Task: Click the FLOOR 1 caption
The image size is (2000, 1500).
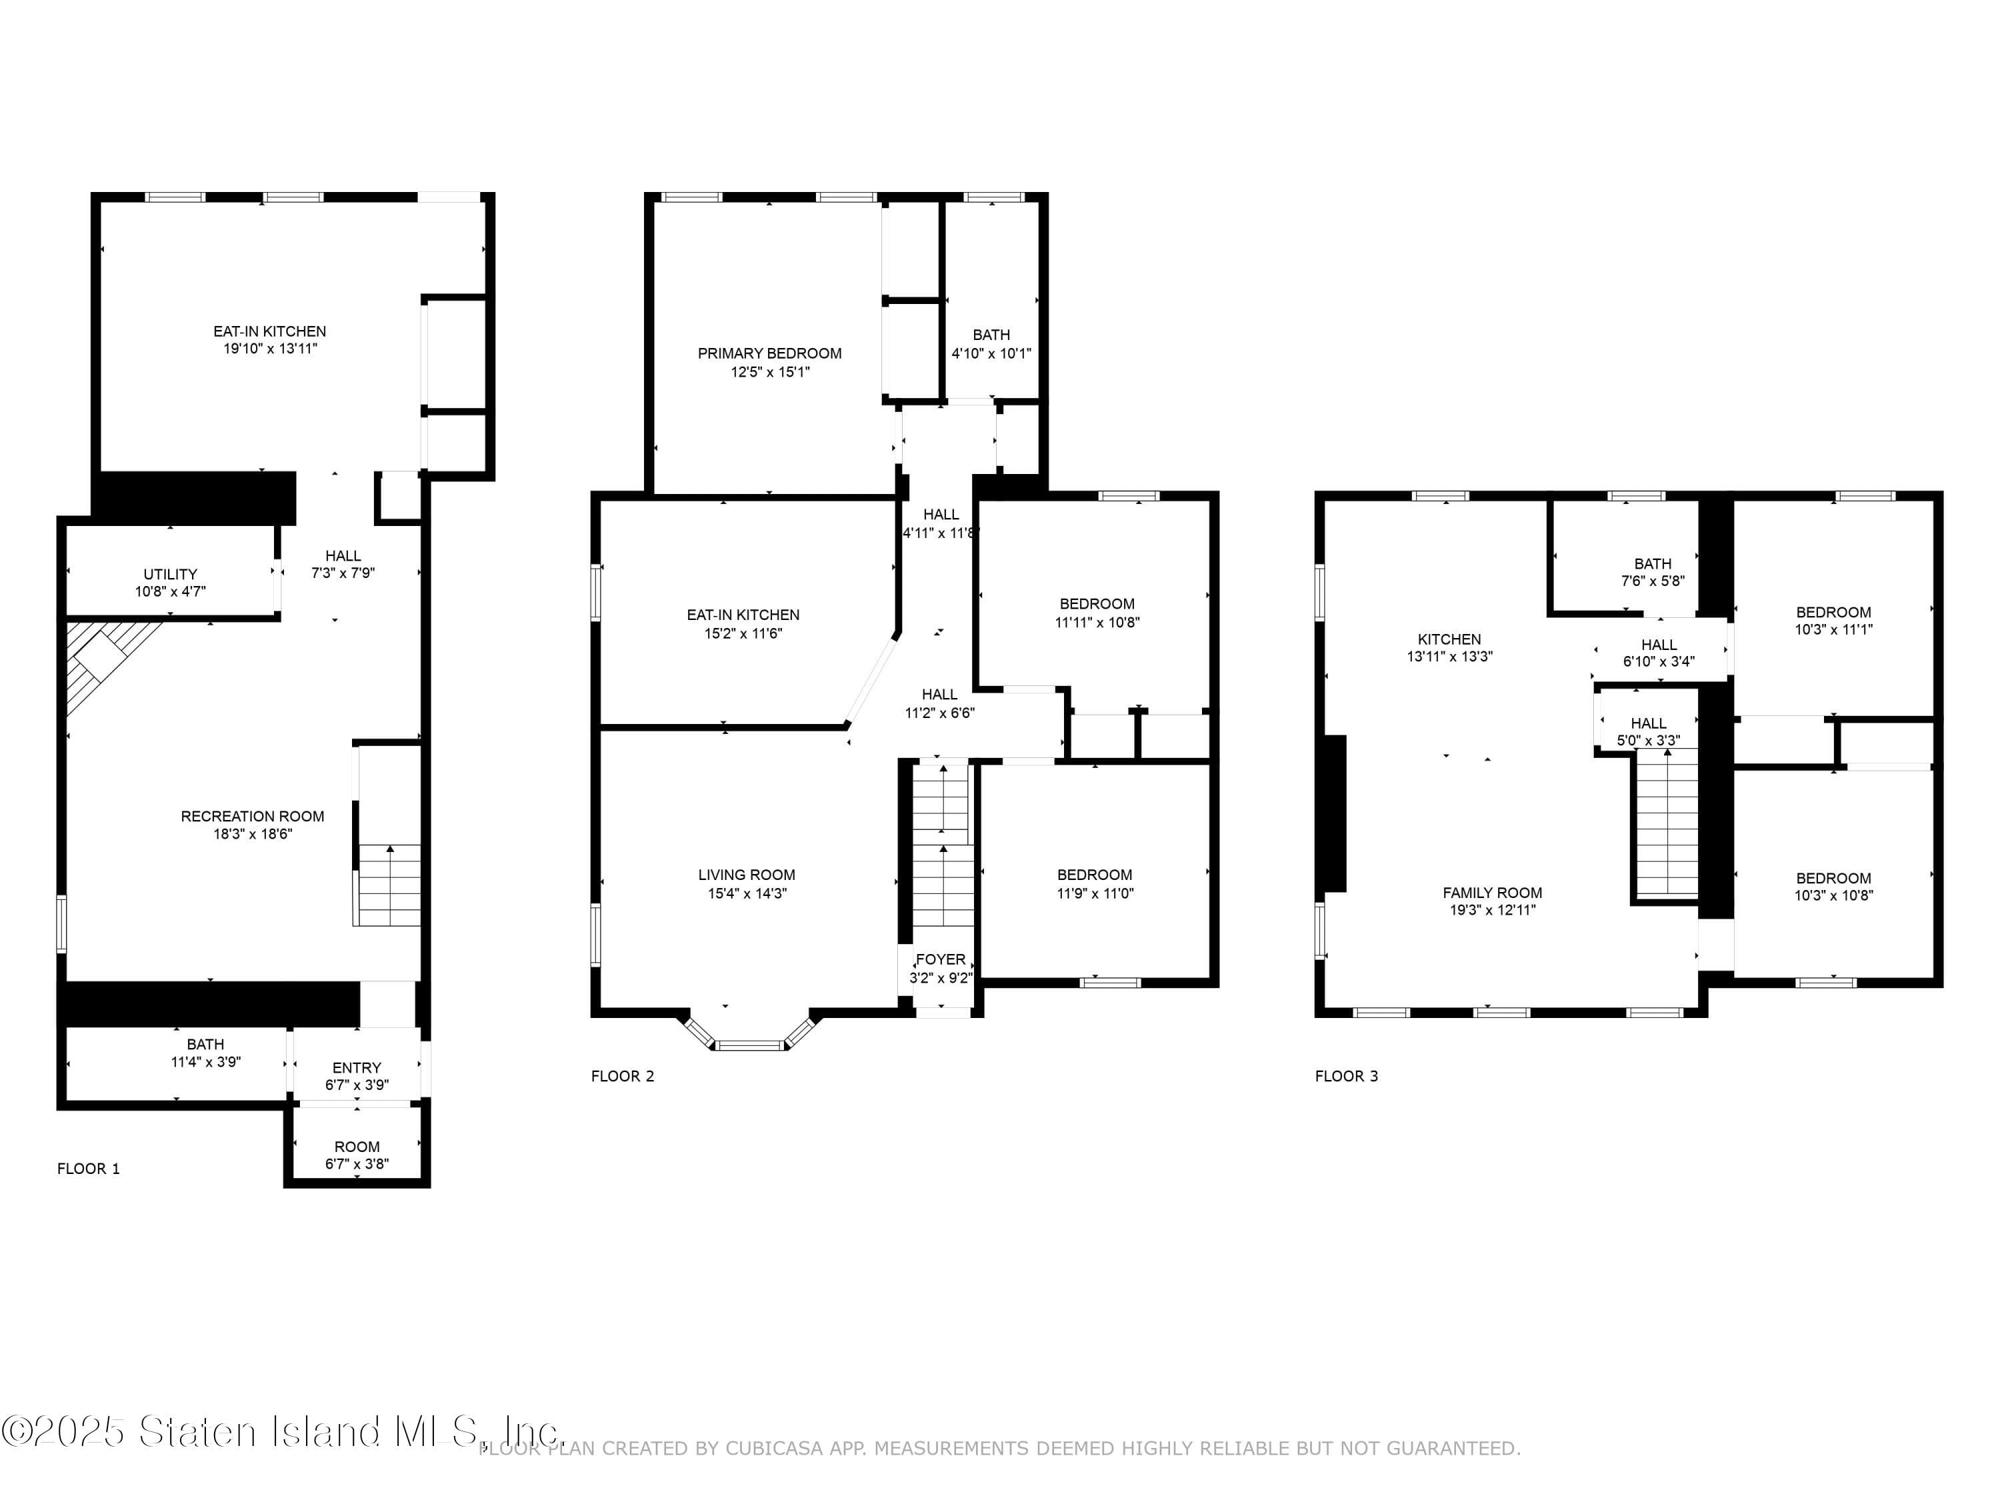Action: pos(89,1168)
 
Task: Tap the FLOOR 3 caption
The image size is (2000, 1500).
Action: pos(1345,1076)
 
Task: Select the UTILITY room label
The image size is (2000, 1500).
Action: pos(170,574)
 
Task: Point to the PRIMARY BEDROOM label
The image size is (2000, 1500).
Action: pos(769,353)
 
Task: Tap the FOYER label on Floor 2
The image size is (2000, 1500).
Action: pos(940,959)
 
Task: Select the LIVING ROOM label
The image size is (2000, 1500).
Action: pos(746,874)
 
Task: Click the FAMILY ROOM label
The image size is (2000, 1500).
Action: pos(1492,893)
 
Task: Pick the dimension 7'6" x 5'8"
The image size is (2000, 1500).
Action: pos(1652,581)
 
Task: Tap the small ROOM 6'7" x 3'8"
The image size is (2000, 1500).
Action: pos(356,1155)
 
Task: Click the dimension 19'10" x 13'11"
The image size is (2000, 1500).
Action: pos(269,348)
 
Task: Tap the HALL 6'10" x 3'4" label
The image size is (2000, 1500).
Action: pos(1658,645)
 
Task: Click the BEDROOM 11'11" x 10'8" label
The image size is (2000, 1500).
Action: pos(1097,604)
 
